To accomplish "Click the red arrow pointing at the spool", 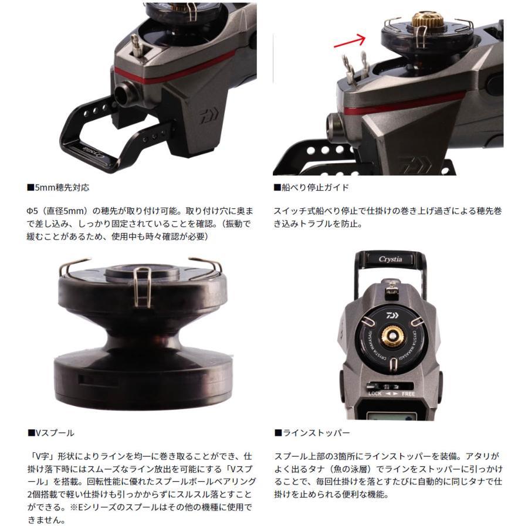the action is coord(350,42).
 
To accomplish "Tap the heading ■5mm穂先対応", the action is coord(58,188).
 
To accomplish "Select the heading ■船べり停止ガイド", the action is coord(311,188).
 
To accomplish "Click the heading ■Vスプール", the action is coord(51,433).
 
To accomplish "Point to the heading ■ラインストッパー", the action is coord(312,433).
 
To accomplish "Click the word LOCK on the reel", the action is coord(375,394).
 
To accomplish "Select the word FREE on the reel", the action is coord(408,394).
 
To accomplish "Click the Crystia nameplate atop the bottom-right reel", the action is coord(391,259).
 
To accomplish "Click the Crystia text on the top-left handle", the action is coord(92,151).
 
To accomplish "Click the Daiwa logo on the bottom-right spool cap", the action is coord(392,316).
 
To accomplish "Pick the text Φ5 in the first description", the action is coord(32,211).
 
